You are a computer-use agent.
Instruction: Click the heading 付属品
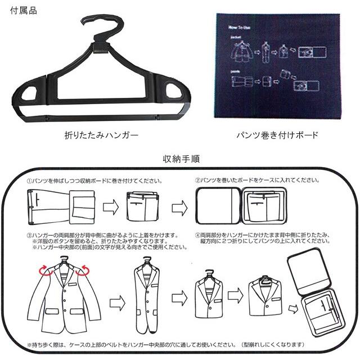pyautogui.click(x=24, y=10)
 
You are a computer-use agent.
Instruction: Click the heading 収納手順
pyautogui.click(x=180, y=160)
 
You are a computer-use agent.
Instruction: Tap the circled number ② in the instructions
pyautogui.click(x=198, y=182)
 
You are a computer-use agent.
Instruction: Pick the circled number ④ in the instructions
pyautogui.click(x=198, y=235)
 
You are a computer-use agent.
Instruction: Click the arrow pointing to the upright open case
pyautogui.click(x=293, y=309)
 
